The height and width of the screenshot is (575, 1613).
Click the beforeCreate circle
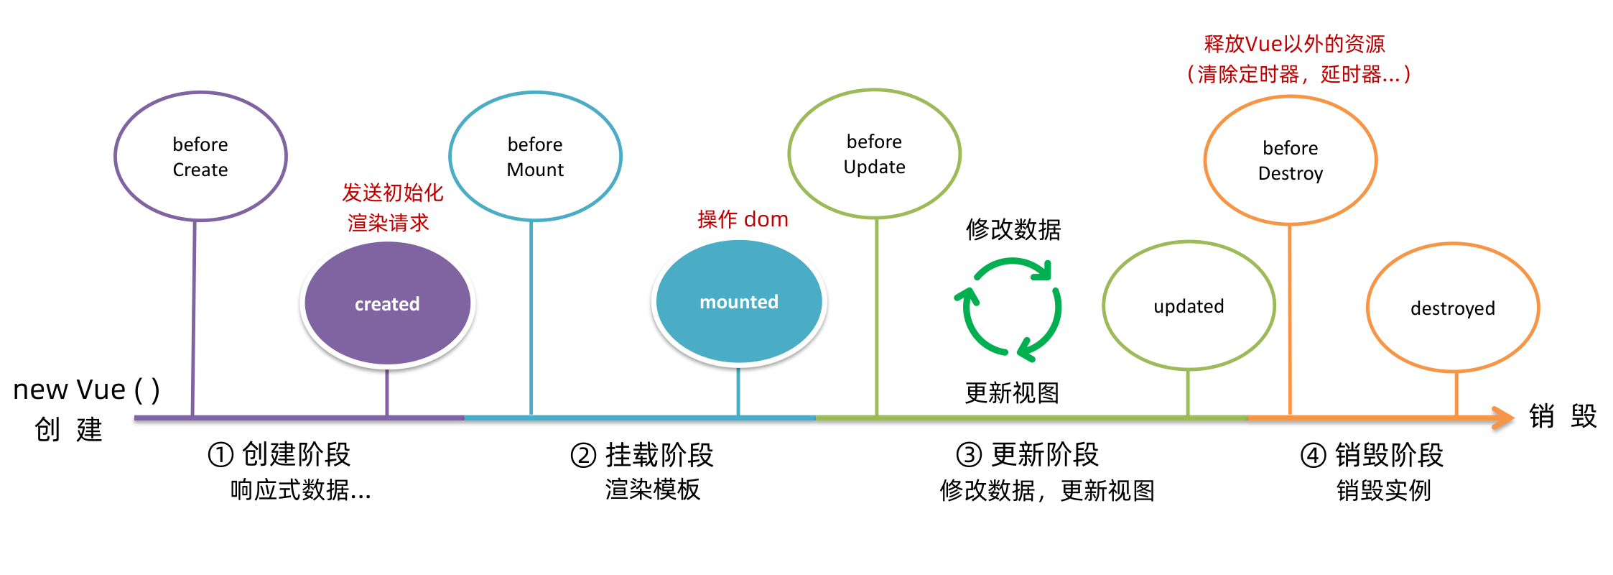pos(200,156)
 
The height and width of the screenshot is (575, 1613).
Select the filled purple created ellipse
pos(387,303)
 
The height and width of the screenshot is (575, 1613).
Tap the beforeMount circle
pos(535,156)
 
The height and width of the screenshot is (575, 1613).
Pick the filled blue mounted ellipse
pos(739,302)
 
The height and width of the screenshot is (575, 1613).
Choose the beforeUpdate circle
pos(874,154)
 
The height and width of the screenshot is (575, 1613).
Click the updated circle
pos(1189,305)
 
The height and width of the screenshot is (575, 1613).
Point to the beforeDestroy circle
pos(1290,160)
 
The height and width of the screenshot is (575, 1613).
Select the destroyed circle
pos(1452,308)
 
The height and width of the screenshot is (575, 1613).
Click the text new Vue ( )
pos(86,390)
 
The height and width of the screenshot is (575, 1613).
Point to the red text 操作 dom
pos(743,219)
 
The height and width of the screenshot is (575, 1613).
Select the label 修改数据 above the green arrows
pos(1013,229)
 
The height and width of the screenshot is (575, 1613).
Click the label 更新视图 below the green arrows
pos(1012,393)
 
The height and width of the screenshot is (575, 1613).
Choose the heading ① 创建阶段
pos(279,454)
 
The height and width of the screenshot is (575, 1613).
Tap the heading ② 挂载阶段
pos(642,455)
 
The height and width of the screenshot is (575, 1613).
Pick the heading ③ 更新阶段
pos(1028,454)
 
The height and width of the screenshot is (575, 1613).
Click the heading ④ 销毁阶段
pos(1372,455)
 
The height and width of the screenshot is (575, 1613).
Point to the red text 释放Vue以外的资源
pos(1294,44)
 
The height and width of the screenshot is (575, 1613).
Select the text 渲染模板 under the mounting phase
pos(652,489)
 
